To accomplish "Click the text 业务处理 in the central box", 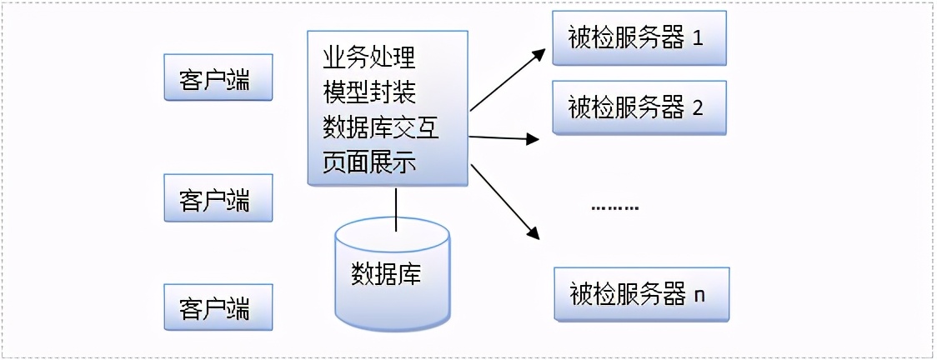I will tap(368, 58).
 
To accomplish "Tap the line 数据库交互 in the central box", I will tap(381, 128).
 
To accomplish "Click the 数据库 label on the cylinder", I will tap(386, 274).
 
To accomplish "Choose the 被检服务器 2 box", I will tap(639, 107).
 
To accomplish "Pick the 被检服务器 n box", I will tap(641, 294).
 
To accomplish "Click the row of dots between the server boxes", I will tap(614, 207).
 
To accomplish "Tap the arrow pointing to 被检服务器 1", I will tap(508, 80).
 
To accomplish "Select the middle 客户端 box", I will tap(218, 198).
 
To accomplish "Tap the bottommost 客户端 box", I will tap(218, 308).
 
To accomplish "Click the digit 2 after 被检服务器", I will tap(698, 107).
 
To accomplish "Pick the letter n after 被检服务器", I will tap(699, 294).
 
